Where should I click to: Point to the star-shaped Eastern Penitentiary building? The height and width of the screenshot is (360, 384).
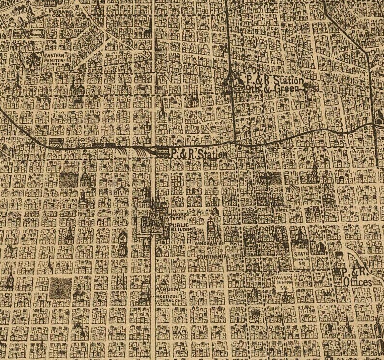(34, 60)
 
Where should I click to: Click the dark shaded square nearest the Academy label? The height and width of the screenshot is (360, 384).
(60, 288)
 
